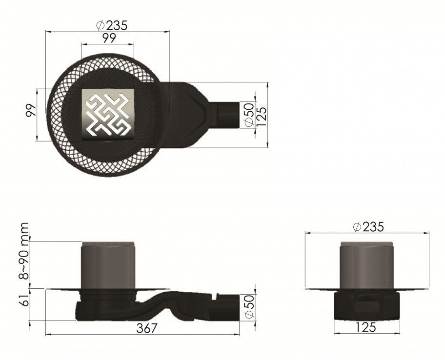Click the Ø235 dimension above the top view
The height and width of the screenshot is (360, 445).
click(x=112, y=25)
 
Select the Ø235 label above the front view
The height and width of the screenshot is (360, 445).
click(x=368, y=227)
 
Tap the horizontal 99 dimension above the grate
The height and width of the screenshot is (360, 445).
click(x=109, y=38)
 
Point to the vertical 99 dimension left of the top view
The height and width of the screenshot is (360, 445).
click(x=31, y=110)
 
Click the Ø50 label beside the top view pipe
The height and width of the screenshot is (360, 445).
click(x=249, y=115)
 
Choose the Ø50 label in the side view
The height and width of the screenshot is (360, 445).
click(x=249, y=306)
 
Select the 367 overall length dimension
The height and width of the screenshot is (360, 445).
click(x=146, y=328)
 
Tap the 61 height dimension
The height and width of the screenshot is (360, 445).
click(x=24, y=300)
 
